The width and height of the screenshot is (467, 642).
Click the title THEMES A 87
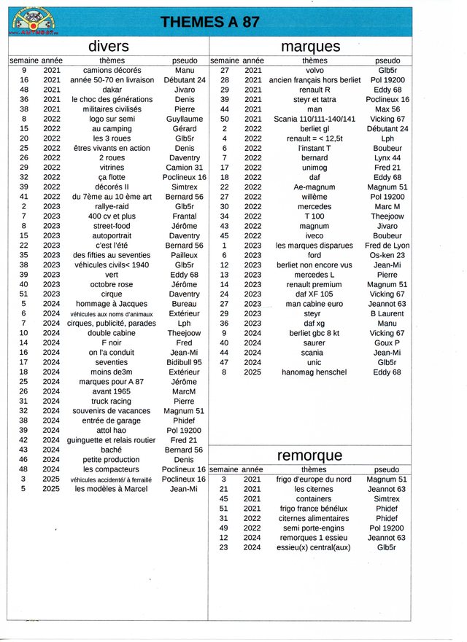click(209, 23)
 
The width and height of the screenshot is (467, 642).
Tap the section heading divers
click(108, 47)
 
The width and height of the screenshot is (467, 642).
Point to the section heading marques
click(310, 47)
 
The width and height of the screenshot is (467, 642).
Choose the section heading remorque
click(309, 456)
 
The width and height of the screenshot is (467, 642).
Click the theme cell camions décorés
click(112, 70)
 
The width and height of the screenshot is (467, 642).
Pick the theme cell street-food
click(112, 226)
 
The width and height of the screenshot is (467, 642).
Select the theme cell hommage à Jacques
click(112, 304)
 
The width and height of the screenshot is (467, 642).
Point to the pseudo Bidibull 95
click(184, 362)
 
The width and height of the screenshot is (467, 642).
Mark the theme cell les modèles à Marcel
click(112, 489)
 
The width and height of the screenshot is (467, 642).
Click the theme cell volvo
click(314, 70)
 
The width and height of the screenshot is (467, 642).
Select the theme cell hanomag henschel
click(314, 372)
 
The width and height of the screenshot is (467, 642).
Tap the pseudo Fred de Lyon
click(387, 246)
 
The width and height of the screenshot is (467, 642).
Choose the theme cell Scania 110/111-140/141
click(314, 119)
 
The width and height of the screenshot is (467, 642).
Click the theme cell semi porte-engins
click(314, 528)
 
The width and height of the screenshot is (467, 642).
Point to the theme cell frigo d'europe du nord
click(314, 479)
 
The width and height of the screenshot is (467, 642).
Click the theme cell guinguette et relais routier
click(112, 440)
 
